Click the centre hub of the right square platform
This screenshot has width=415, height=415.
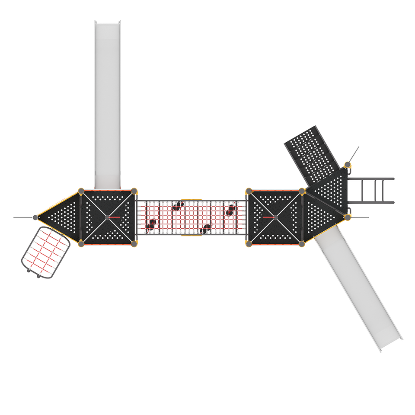coord(275,217)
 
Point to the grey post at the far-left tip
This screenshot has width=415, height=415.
coord(34,217)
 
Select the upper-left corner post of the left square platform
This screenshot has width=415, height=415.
coord(81,190)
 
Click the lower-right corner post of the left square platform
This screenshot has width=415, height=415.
coord(135,244)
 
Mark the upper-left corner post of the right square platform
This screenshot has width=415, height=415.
coord(248,190)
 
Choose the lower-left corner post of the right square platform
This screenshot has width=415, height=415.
coord(249,244)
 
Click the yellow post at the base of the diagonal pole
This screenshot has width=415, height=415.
coord(347,164)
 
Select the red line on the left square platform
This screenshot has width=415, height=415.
coord(115,217)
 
